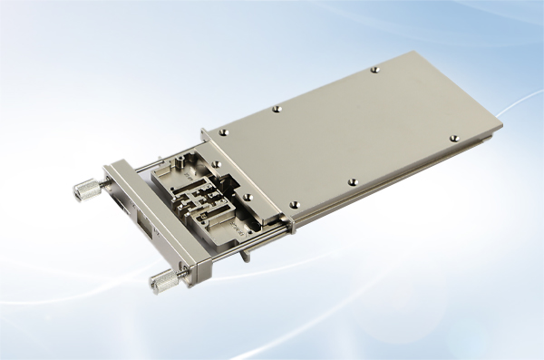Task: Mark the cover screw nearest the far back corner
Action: point(374,69)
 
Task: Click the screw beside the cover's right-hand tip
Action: point(454,139)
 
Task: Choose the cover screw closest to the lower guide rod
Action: point(292,205)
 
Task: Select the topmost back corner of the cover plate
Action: point(420,52)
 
